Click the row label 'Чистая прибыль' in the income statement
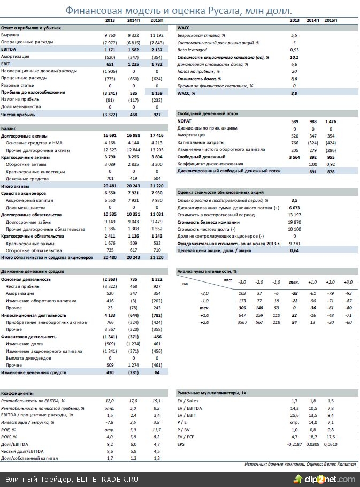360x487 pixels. click(x=18, y=115)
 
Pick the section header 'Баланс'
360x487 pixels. click(x=9, y=129)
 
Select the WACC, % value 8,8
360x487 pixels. click(x=294, y=93)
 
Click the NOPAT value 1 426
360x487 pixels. click(x=331, y=121)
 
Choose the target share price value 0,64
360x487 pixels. click(x=294, y=250)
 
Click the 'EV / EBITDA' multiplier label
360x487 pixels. click(x=190, y=408)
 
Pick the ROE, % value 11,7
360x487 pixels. click(x=156, y=430)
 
